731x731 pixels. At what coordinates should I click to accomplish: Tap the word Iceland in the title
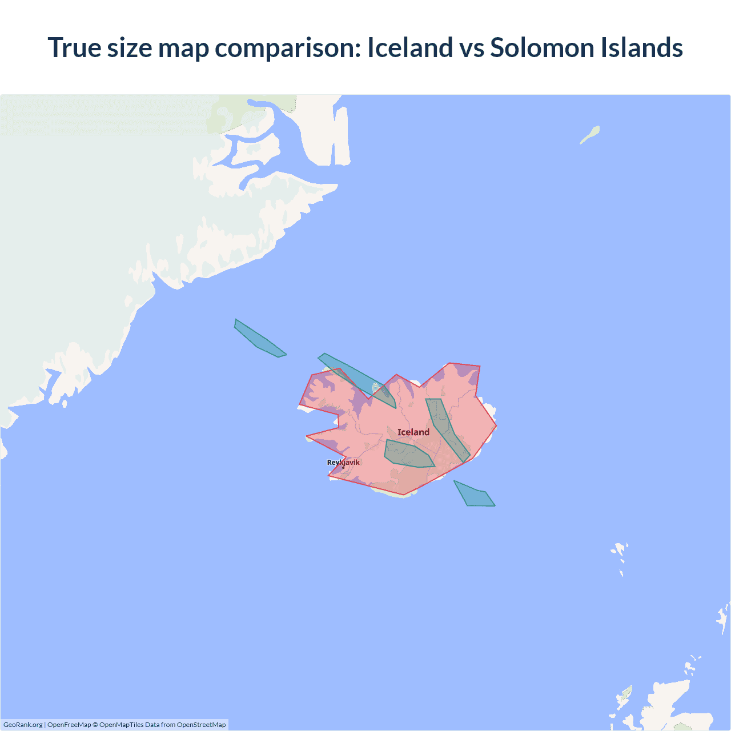[409, 47]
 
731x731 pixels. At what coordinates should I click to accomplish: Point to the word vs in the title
[472, 47]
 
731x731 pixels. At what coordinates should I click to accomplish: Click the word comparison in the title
[288, 47]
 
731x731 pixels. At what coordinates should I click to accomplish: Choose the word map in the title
[183, 47]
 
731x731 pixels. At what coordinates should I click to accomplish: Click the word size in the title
[129, 47]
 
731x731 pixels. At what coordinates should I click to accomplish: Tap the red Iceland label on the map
[413, 432]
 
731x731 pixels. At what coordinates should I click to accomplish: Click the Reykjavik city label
[343, 463]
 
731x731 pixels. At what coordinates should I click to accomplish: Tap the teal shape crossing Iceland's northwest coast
[357, 379]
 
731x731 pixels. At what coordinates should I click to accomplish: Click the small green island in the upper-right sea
[591, 135]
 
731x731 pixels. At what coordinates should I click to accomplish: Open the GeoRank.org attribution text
[23, 725]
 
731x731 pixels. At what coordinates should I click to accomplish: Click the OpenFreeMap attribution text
[69, 725]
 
